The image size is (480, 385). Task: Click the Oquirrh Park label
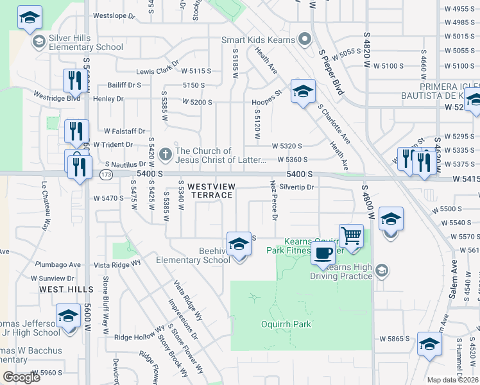(x=286, y=324)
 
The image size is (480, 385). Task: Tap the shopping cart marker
(x=351, y=237)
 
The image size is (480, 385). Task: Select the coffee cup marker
(x=323, y=253)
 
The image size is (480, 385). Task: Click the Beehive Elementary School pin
(x=239, y=244)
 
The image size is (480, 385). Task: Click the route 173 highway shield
(x=106, y=175)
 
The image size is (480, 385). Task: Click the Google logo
(x=21, y=377)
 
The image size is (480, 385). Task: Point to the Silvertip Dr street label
(x=296, y=187)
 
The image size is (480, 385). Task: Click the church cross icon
(x=166, y=155)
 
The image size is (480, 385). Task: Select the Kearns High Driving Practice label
(x=341, y=271)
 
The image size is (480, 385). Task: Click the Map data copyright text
(x=453, y=380)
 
